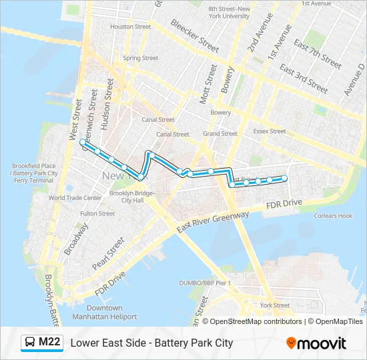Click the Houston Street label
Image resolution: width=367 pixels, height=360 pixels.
(130, 27)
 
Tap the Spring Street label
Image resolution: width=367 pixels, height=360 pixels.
(140, 58)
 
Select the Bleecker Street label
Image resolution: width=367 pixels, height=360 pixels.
(194, 35)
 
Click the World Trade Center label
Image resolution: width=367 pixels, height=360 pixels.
(75, 197)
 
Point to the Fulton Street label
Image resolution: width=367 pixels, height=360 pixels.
(97, 213)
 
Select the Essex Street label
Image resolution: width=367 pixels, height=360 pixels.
(270, 131)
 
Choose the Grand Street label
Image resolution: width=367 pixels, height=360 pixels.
(220, 133)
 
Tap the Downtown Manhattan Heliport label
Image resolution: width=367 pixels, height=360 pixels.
(104, 312)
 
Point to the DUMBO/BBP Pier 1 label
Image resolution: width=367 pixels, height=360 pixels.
(205, 283)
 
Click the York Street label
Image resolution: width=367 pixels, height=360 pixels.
(274, 305)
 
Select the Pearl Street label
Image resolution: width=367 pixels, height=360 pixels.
(108, 253)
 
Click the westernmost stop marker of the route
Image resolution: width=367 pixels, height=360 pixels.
(83, 143)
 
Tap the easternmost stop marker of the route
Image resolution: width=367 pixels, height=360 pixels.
(284, 177)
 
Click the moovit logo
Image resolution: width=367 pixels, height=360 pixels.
(316, 343)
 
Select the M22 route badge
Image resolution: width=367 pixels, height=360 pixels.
(41, 343)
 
